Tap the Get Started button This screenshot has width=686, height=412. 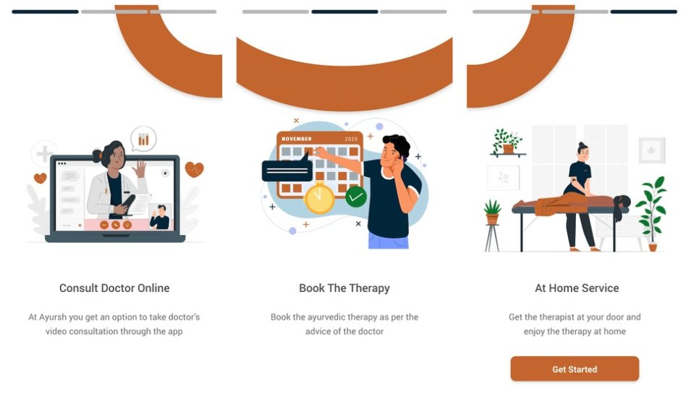(575, 369)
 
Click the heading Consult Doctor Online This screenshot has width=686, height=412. (114, 288)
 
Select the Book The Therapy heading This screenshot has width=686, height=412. (344, 288)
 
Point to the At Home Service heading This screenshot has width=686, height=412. (577, 288)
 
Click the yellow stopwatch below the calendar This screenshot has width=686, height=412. (319, 198)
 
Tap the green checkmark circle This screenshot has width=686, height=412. (356, 197)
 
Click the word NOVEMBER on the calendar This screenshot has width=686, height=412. (297, 139)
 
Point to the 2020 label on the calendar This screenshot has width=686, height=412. (351, 139)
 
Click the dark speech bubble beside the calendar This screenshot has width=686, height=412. (287, 170)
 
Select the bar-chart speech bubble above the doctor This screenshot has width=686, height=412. (143, 139)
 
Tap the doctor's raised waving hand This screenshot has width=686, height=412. (140, 168)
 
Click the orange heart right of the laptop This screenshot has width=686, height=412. (194, 169)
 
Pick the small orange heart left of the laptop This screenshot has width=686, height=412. (41, 179)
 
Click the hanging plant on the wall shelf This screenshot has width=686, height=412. (507, 142)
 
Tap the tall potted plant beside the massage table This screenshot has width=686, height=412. (652, 213)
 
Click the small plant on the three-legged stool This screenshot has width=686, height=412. (492, 212)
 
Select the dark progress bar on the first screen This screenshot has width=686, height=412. (45, 12)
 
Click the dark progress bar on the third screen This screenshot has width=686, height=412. (643, 12)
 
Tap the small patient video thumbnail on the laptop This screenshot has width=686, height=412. (160, 216)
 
